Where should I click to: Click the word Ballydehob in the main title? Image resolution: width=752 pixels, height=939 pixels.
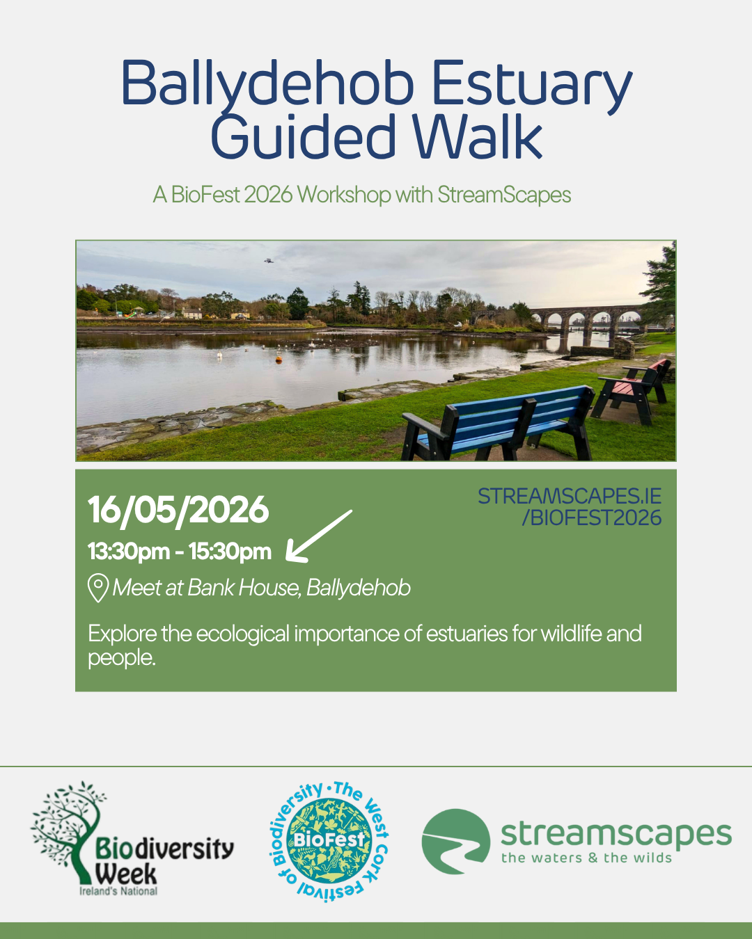267,83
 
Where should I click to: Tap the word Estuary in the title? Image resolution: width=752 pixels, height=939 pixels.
532,87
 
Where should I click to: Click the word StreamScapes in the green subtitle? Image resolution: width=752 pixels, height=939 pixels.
504,195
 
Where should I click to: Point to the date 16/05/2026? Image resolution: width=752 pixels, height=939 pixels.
178,510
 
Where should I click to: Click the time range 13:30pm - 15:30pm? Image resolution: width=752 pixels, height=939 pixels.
179,552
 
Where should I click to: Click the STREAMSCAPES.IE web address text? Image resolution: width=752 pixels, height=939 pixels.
570,496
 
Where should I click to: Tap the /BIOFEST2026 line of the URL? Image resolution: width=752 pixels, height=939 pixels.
592,518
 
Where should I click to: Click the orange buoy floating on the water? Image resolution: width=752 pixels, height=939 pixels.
279,360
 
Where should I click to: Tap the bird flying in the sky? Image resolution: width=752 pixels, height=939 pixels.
269,261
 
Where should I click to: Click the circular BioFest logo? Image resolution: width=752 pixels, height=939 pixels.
329,842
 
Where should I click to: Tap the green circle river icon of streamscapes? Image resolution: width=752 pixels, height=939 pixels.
455,842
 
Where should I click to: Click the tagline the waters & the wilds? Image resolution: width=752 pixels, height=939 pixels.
586,858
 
